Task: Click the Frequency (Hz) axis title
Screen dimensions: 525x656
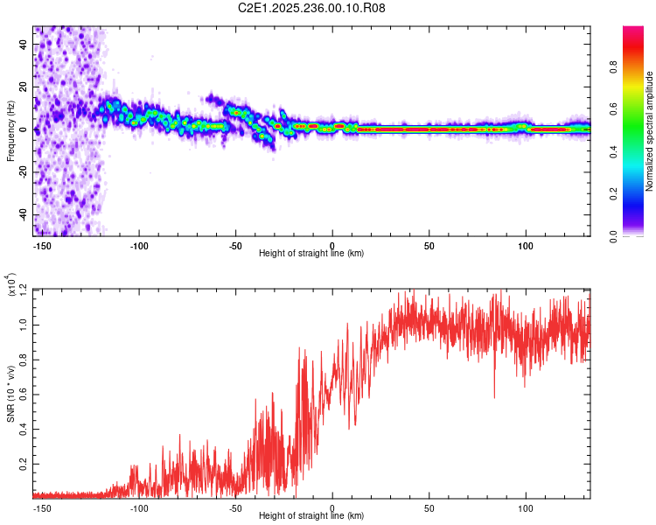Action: click(10, 131)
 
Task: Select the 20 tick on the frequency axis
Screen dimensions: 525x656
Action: click(24, 87)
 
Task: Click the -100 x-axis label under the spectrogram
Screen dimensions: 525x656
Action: click(139, 245)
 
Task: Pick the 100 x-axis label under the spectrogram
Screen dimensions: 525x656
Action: click(526, 245)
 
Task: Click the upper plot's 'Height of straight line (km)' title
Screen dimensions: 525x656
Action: click(312, 254)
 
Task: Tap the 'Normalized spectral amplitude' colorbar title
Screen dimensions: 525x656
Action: click(650, 131)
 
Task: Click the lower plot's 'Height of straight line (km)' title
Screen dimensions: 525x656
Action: click(312, 516)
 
